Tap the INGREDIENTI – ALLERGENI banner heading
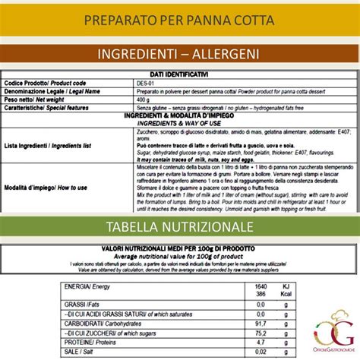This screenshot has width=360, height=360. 179,55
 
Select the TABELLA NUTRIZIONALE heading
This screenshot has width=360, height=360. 179,228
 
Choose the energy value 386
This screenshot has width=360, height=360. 259,295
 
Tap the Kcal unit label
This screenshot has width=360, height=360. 287,295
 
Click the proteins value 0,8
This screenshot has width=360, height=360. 259,342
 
